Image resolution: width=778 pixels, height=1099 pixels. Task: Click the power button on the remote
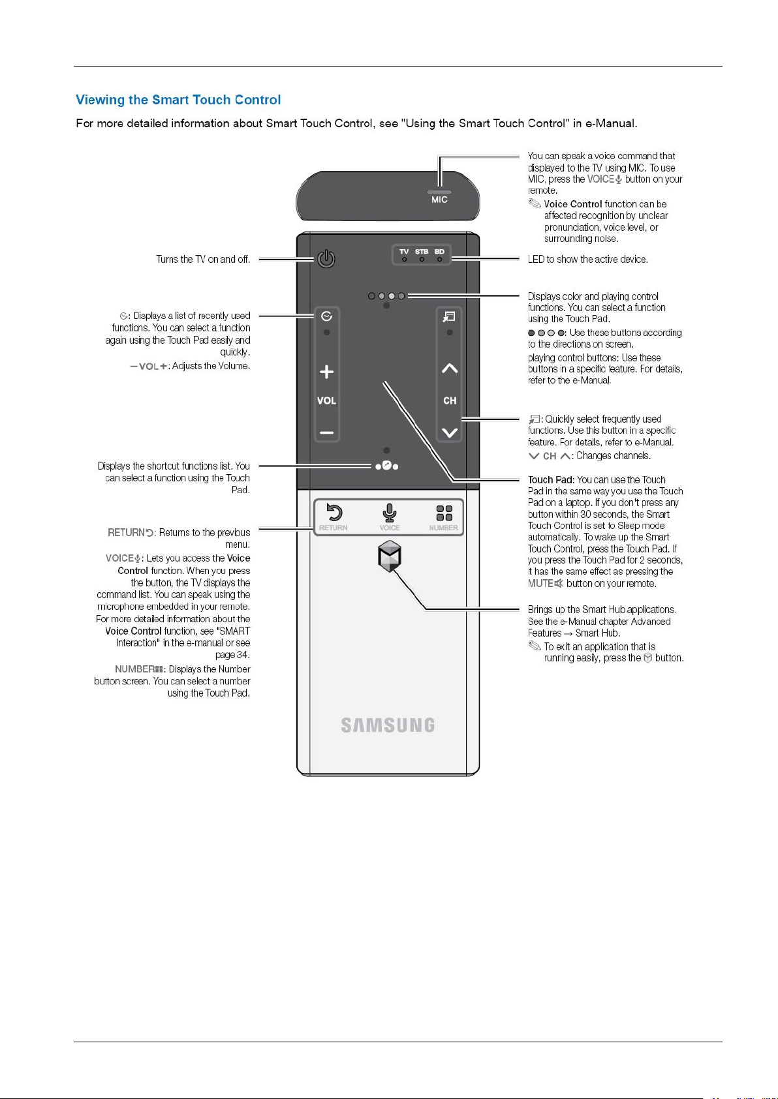click(x=326, y=259)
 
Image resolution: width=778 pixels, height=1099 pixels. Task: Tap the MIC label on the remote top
click(x=439, y=200)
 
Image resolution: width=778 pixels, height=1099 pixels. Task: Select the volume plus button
click(x=326, y=372)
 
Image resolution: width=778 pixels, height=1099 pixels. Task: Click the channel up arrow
click(x=450, y=369)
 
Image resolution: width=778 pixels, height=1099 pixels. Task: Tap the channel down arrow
click(x=450, y=432)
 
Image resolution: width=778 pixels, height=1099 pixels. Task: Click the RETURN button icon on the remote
click(x=334, y=513)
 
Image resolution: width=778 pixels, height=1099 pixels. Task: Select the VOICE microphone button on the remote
click(x=390, y=513)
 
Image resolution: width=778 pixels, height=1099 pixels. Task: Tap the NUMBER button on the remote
click(x=444, y=513)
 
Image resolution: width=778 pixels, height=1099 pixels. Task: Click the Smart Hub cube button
click(x=390, y=557)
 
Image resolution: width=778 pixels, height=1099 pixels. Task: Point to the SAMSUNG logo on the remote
click(x=388, y=725)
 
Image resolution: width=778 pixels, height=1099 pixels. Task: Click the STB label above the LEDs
click(x=422, y=252)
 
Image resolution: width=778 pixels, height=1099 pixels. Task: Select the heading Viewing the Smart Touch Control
click(x=178, y=100)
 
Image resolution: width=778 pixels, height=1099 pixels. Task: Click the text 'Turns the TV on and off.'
click(x=203, y=260)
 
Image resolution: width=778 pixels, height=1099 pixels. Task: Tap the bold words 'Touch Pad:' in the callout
click(x=551, y=480)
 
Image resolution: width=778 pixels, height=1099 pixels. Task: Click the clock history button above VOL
click(x=326, y=316)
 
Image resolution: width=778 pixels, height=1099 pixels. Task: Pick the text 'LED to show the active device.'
click(x=587, y=260)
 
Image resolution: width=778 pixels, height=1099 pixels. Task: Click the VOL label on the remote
click(x=326, y=400)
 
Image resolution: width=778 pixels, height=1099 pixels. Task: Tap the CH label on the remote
click(x=450, y=400)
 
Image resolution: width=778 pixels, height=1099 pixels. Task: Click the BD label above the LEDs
click(x=439, y=252)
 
